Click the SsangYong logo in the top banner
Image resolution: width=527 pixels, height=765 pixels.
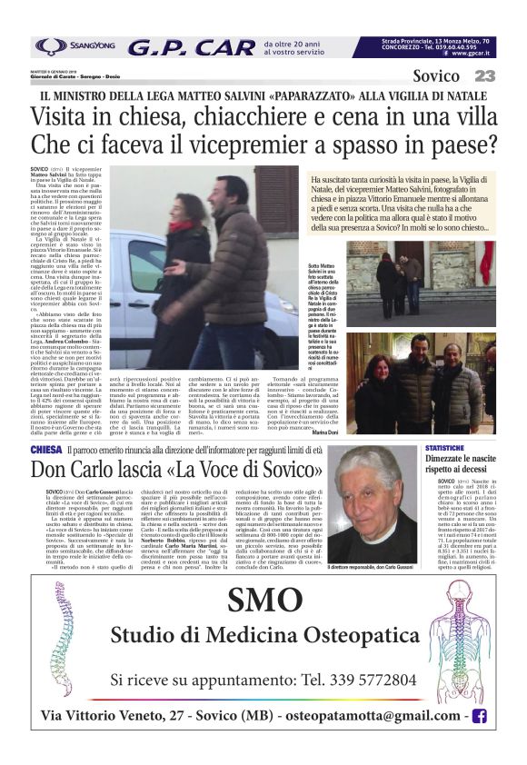tap(74, 46)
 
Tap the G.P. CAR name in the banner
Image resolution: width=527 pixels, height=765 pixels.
tap(191, 47)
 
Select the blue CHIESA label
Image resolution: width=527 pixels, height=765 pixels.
tap(46, 450)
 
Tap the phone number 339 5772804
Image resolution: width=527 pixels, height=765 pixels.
tap(366, 679)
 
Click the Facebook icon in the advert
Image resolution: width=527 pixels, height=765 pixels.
tap(479, 717)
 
